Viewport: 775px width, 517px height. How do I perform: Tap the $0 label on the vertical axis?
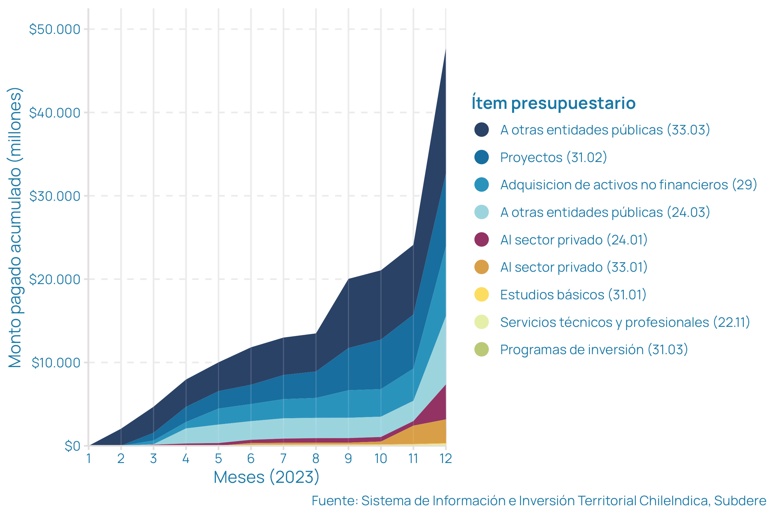(x=73, y=446)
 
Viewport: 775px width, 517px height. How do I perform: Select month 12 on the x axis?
(x=446, y=459)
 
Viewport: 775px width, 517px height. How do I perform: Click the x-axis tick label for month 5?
(x=218, y=459)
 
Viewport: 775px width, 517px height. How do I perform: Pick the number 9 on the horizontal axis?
(x=348, y=459)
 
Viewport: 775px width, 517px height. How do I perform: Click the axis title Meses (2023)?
(x=266, y=477)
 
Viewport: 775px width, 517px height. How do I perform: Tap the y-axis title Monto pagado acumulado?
(x=15, y=227)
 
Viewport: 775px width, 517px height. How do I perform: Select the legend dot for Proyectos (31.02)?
(x=481, y=157)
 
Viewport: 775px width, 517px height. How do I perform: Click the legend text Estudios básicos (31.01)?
(x=573, y=295)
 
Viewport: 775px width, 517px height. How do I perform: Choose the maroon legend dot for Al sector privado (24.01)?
(x=481, y=239)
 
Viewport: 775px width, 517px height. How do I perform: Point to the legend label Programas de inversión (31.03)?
(x=594, y=350)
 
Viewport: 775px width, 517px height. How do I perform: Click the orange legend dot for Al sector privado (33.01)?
(x=481, y=267)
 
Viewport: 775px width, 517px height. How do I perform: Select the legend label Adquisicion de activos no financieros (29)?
(x=628, y=185)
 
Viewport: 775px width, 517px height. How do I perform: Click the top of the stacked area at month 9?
(x=348, y=279)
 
